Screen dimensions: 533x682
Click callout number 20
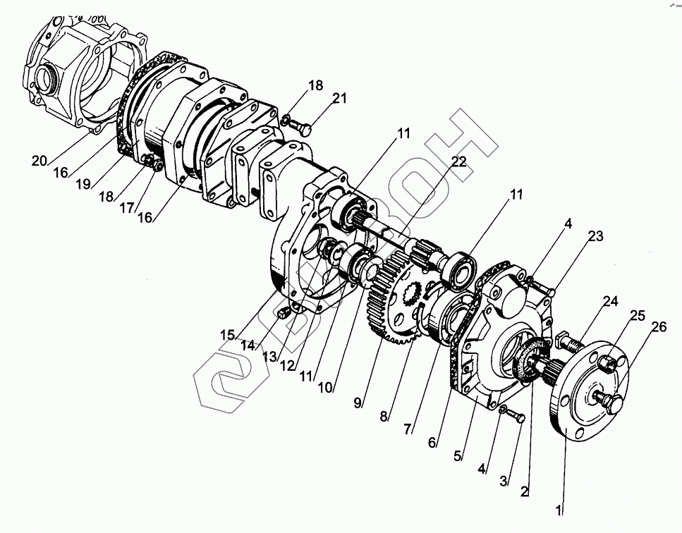[x=39, y=161]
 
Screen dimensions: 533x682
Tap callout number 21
[x=340, y=99]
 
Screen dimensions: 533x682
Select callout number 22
[x=458, y=162]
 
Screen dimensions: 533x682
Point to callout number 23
[x=596, y=237]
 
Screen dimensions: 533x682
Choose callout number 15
[x=227, y=335]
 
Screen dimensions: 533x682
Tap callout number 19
[x=84, y=184]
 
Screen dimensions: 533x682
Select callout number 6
[x=433, y=443]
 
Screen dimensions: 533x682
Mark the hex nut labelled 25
[x=607, y=364]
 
